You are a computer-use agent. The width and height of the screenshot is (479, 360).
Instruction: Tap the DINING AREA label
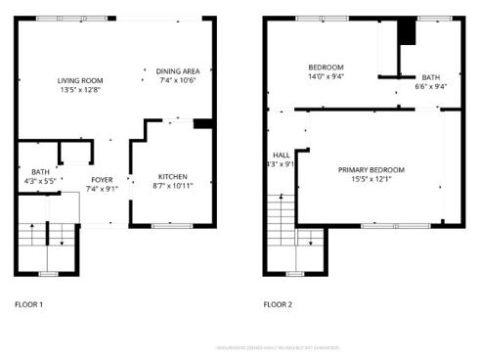pos(178,70)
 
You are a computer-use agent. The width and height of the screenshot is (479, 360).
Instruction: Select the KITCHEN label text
pos(173,177)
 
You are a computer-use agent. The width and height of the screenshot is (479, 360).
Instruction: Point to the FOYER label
pos(103,180)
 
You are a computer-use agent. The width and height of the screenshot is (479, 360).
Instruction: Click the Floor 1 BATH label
pos(40,172)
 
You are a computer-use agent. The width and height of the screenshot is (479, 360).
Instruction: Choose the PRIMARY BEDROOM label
pos(371,170)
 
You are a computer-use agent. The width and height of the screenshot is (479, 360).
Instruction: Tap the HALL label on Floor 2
pos(281,155)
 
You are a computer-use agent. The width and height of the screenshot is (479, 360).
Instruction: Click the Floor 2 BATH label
pos(431,77)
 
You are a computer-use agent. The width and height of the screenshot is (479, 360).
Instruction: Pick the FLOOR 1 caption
pos(28,304)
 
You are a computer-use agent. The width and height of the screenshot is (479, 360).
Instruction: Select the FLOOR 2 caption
pos(278,304)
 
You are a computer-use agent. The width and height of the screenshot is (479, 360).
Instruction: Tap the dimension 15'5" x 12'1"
pos(371,179)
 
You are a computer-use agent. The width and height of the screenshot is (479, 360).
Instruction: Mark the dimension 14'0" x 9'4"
pos(326,76)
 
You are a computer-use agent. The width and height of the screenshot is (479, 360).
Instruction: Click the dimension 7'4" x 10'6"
pos(178,80)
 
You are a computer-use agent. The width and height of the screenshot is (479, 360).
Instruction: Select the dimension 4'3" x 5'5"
pos(40,181)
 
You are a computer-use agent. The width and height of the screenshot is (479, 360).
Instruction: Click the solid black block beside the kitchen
pos(202,123)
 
